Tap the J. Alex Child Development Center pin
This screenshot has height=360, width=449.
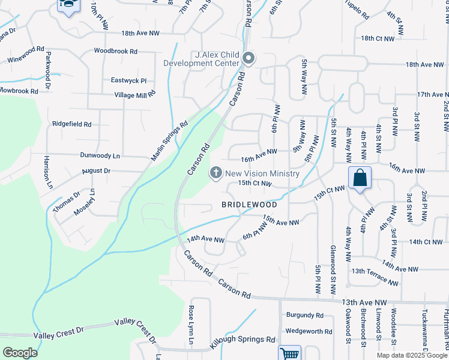tap(250, 58)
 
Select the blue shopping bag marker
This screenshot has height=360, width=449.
tap(360, 178)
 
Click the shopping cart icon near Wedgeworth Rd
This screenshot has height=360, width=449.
tap(290, 353)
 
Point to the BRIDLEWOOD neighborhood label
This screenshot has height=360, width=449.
tap(249, 205)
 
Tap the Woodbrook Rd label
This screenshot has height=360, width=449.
tap(116, 52)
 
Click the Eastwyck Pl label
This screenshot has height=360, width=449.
tap(128, 80)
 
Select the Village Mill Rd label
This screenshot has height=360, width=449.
tap(135, 94)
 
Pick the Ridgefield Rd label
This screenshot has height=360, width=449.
tap(71, 124)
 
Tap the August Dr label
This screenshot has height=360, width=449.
tap(97, 171)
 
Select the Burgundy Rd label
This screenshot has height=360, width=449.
tap(304, 315)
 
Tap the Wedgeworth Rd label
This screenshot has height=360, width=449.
tap(309, 331)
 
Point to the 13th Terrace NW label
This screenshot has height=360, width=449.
tap(375, 277)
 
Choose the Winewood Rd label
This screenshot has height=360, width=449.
tap(26, 55)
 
